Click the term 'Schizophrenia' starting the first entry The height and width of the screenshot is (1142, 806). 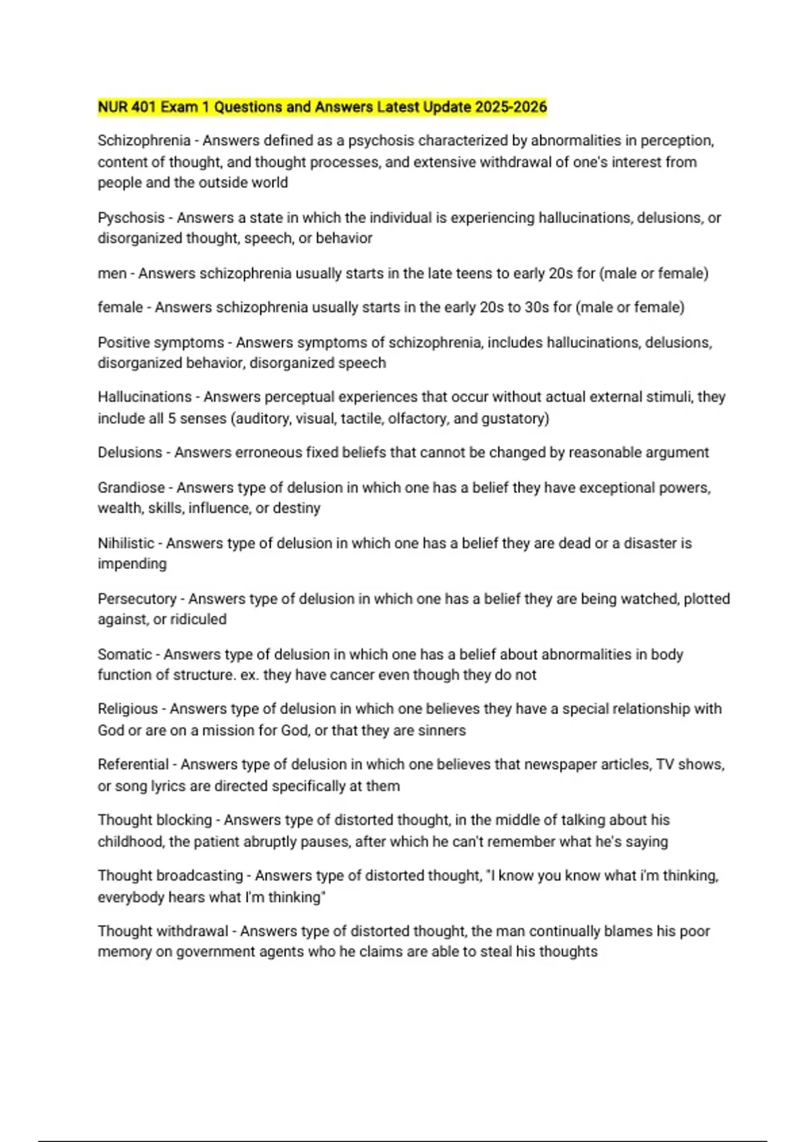point(144,140)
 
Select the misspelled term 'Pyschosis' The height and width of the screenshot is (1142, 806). point(131,218)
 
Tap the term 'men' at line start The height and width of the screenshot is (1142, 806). point(112,273)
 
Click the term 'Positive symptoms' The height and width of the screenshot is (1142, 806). point(161,343)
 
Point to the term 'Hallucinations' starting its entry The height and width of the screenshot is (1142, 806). point(144,397)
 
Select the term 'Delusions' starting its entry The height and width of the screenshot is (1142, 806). point(130,453)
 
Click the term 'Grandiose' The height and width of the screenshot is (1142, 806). point(131,488)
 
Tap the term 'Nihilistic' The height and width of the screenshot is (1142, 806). point(126,543)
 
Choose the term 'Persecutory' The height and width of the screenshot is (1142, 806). point(137,599)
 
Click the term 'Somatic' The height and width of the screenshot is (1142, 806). point(125,654)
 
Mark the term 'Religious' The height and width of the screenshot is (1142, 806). point(128,709)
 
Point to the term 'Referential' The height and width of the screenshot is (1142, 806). point(133,764)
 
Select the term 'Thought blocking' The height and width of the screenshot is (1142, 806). point(154,820)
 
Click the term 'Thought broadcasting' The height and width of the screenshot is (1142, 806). point(170,876)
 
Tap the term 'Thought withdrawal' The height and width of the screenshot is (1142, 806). point(163,931)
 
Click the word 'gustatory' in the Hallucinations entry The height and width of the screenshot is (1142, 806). point(516,419)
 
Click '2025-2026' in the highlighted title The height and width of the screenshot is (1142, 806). point(510,107)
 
